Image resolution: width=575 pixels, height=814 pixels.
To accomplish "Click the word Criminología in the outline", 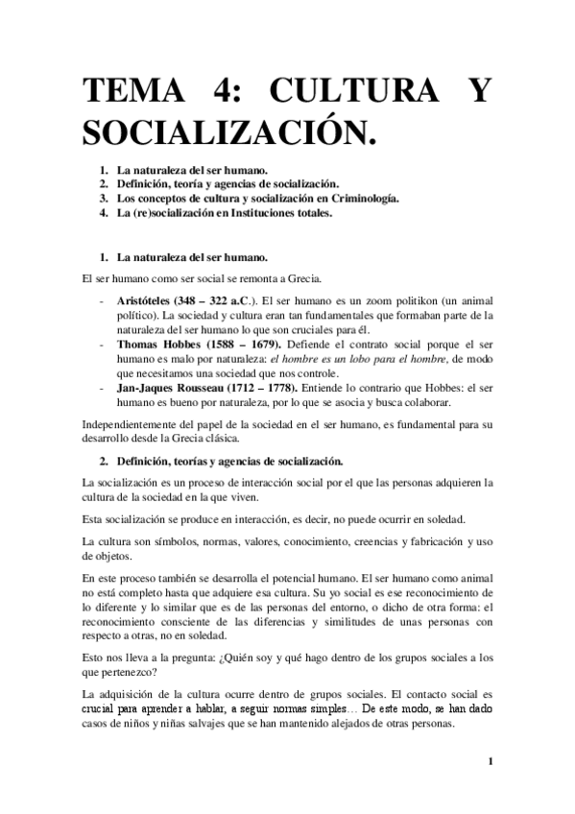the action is tap(360, 199).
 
